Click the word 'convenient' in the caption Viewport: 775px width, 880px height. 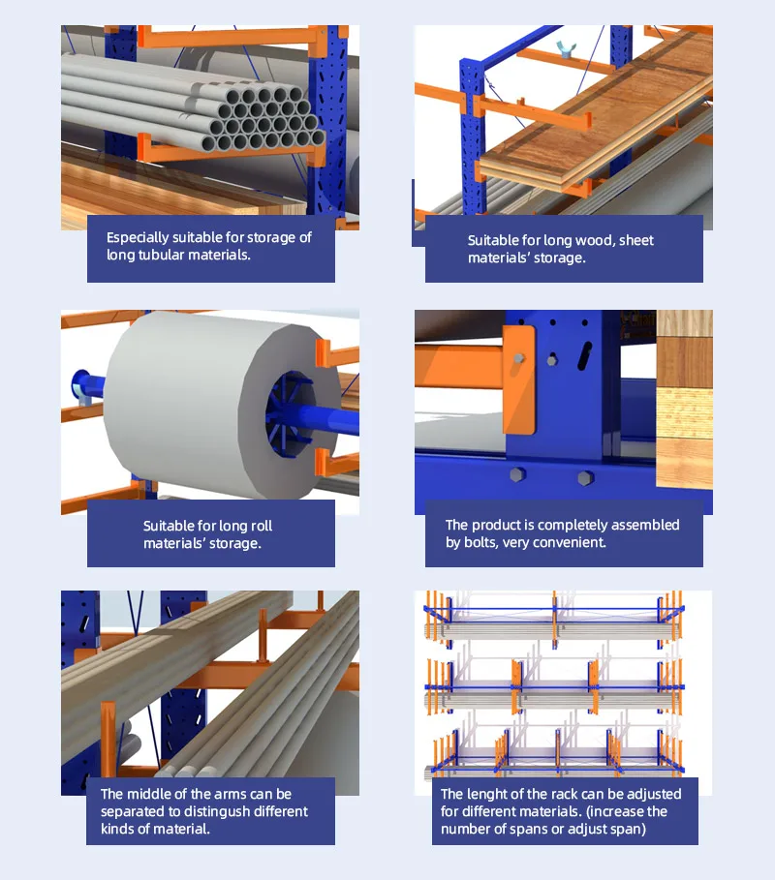click(572, 543)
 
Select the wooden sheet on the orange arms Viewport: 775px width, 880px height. click(601, 126)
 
